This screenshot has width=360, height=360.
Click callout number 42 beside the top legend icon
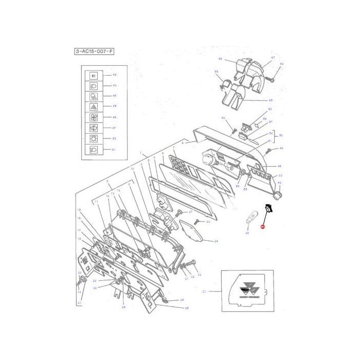[x=114, y=75]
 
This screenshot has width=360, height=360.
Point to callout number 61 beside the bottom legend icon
[x=114, y=149]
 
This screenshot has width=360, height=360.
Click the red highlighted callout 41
[x=262, y=226]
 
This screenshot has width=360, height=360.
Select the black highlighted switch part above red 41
[x=269, y=208]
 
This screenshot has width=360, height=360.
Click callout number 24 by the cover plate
[x=216, y=241]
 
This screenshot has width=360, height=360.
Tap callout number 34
[x=246, y=233]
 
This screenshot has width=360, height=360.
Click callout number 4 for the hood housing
[x=182, y=141]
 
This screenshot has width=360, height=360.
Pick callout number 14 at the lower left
[x=80, y=292]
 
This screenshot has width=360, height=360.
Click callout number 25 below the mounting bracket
[x=187, y=308]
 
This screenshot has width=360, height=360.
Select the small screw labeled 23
[x=197, y=222]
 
